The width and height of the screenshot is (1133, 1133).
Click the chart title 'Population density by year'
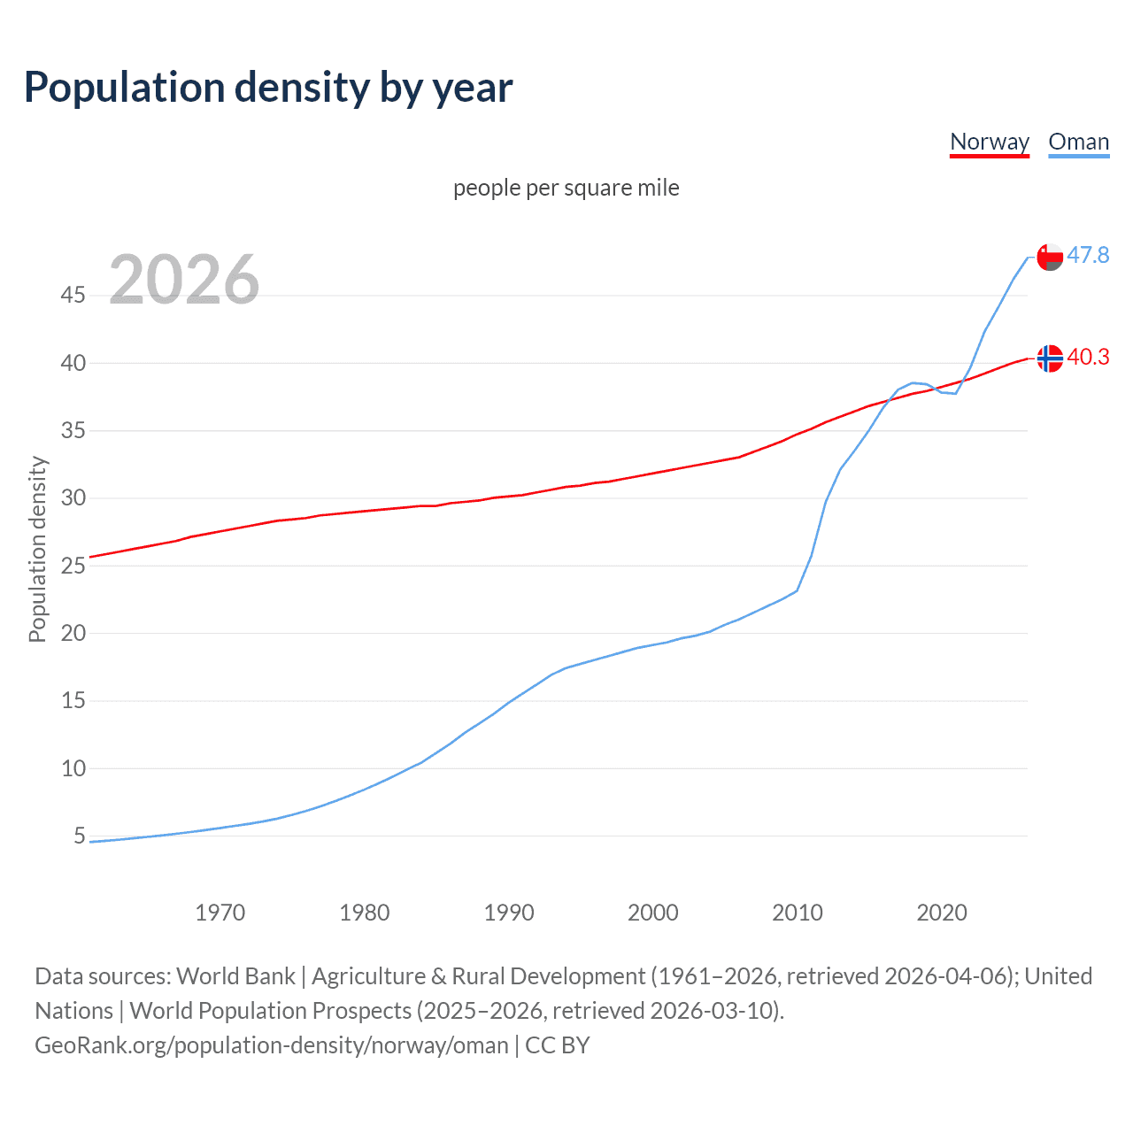click(268, 88)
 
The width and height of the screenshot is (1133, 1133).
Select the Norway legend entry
click(989, 142)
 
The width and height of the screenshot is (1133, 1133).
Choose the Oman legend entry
click(1078, 142)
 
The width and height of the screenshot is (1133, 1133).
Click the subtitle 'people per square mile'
click(566, 188)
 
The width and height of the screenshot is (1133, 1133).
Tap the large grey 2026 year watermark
click(184, 280)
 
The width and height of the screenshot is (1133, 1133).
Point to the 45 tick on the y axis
click(73, 295)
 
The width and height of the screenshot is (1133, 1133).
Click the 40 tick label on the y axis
click(73, 363)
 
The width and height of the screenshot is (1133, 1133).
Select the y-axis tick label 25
click(73, 566)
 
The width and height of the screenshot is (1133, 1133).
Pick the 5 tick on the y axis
click(80, 836)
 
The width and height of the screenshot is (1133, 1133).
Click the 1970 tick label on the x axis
click(220, 913)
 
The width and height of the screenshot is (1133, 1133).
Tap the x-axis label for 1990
click(508, 913)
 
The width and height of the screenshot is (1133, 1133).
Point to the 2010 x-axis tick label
click(797, 913)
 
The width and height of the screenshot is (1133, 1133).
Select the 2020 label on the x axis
click(941, 913)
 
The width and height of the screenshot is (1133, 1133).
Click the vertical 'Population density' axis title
click(37, 549)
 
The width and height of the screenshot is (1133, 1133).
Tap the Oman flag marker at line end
click(1050, 257)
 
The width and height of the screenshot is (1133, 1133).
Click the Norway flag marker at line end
click(1050, 358)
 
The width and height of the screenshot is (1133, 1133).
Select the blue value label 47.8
click(1088, 255)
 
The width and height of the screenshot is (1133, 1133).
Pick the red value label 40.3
click(1088, 357)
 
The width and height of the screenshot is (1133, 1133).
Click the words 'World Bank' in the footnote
click(235, 976)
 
